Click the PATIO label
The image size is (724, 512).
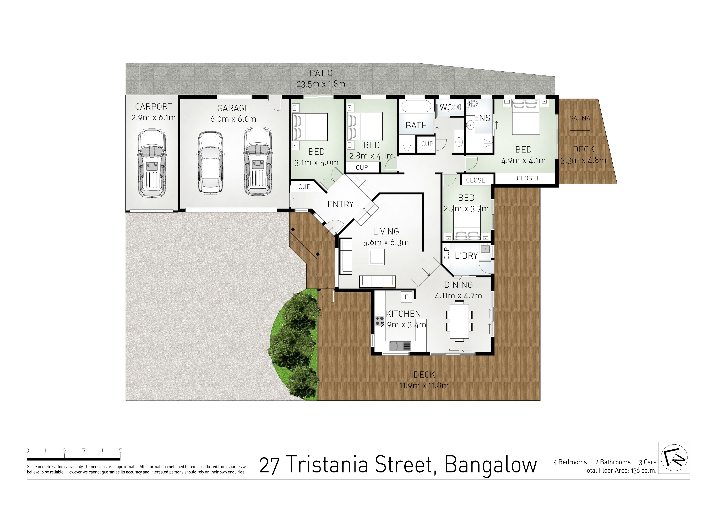point(321,73)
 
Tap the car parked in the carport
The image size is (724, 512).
point(152,163)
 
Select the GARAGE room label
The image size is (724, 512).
point(233,108)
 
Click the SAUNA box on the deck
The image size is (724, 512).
point(580,118)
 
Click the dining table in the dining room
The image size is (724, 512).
point(459,321)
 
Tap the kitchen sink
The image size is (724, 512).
point(400,346)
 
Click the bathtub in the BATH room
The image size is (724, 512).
point(416,107)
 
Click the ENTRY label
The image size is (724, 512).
point(341,204)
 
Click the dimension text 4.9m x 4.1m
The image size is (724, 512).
point(524,161)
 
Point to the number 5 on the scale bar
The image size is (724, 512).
point(121,450)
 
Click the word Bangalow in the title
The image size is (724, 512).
point(491,465)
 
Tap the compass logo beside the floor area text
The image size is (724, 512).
point(674,458)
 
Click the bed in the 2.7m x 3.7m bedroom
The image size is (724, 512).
point(467,225)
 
